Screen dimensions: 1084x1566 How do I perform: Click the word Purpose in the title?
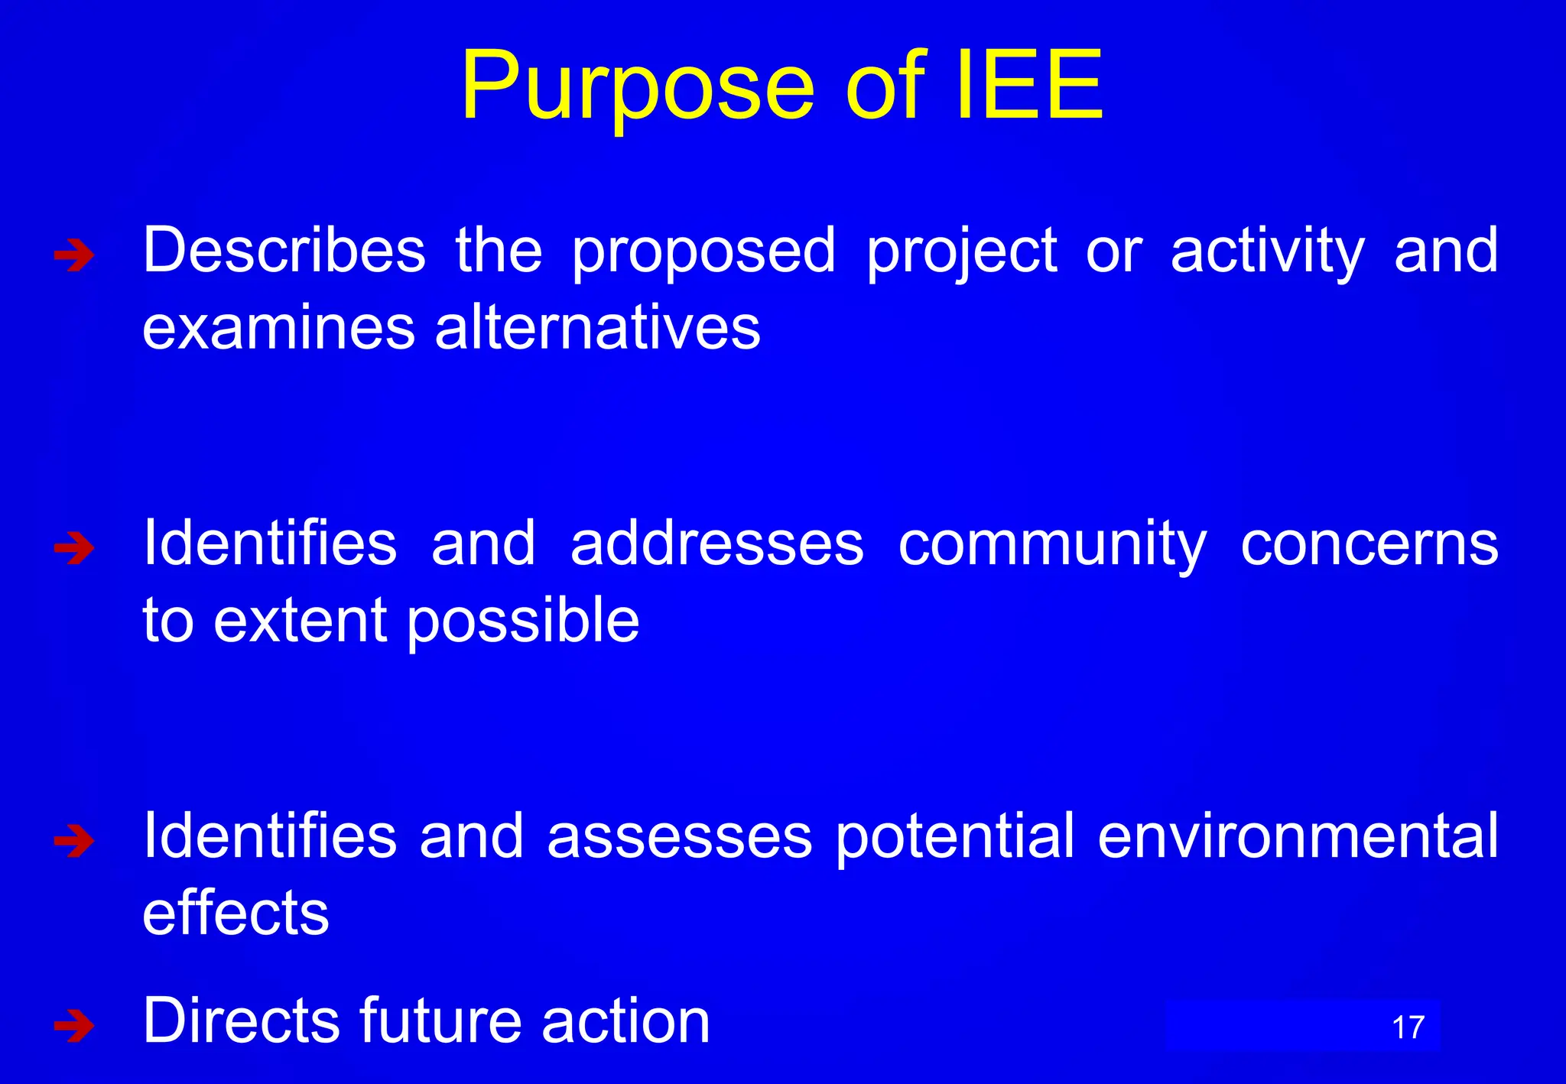(638, 86)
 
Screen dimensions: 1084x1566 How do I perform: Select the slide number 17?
(1408, 1027)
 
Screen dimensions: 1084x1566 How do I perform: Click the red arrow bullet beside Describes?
(74, 255)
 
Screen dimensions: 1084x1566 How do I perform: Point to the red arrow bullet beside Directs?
(74, 1025)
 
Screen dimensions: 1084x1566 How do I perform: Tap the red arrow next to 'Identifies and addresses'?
(74, 548)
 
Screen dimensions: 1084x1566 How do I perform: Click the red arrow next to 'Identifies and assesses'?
(74, 841)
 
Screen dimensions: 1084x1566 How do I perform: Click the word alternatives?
(597, 327)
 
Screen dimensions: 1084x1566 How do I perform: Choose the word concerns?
(1369, 544)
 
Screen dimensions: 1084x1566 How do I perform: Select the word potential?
(955, 837)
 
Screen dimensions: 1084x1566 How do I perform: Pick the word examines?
(278, 327)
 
